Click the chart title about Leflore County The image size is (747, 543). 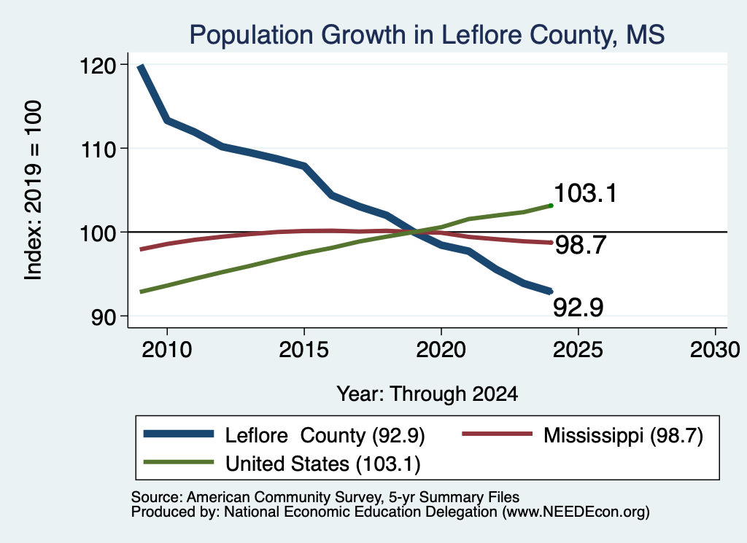point(427,35)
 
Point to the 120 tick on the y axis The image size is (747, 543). point(98,66)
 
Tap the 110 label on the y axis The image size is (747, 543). point(98,149)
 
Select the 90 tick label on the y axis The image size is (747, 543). point(104,317)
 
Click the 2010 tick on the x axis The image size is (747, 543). point(167,350)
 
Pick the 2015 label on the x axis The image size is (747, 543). point(304,350)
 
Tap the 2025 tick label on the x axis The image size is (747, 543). point(578,350)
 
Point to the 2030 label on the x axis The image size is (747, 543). point(715,350)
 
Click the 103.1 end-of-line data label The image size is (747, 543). point(586,193)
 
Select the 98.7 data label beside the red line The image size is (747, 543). point(581,245)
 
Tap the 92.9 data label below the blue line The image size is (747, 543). point(578,307)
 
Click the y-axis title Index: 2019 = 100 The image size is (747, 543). point(33,190)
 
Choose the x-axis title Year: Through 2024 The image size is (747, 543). point(427,394)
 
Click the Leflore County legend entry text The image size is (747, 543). point(325,435)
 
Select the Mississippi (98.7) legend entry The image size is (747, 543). point(623,435)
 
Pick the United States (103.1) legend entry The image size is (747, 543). point(323,464)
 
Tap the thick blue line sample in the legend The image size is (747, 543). point(179,434)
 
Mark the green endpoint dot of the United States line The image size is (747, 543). point(551,206)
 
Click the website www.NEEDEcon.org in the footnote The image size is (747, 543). point(576,512)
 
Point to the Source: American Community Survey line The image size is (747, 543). point(325,497)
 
